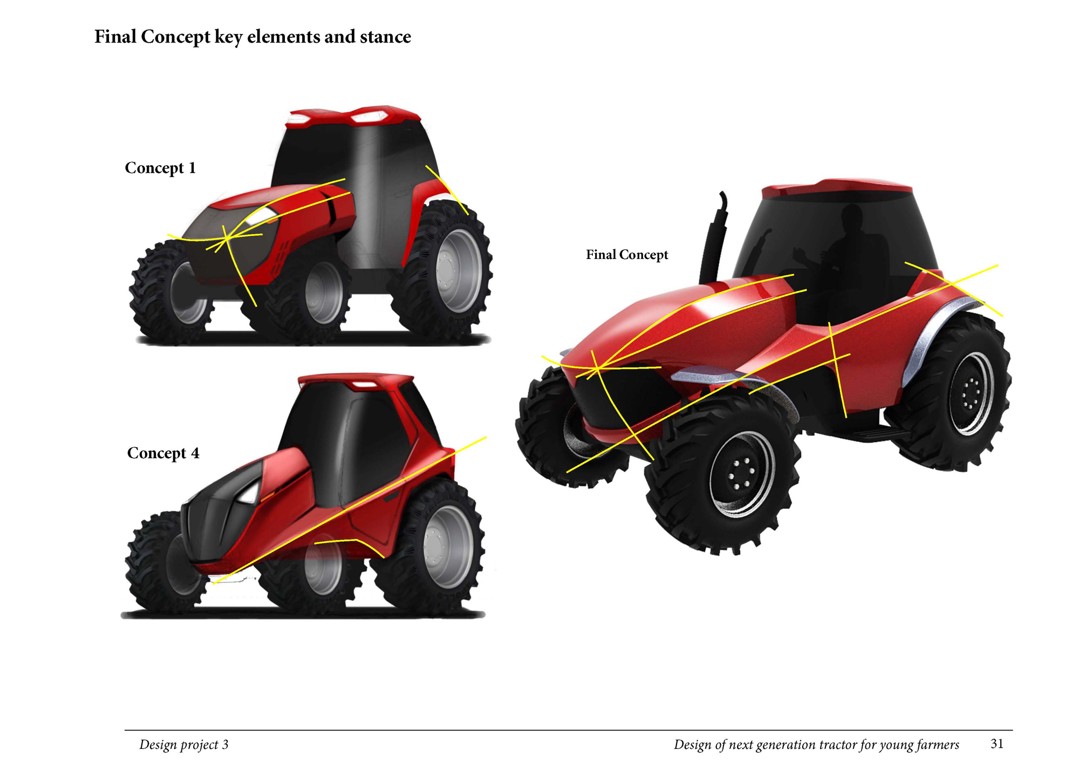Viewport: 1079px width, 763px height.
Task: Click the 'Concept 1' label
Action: point(160,168)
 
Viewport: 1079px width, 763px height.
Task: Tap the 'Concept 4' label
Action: point(163,453)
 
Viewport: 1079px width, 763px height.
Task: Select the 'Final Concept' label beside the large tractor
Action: point(627,255)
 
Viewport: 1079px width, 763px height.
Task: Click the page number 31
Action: point(997,744)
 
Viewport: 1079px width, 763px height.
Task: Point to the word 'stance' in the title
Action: point(386,37)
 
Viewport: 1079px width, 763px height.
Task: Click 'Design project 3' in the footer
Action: point(184,745)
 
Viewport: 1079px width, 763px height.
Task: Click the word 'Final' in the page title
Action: point(115,37)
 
